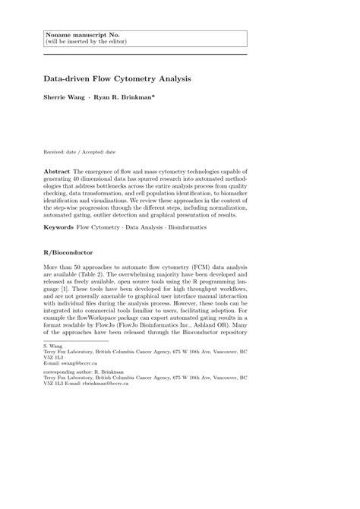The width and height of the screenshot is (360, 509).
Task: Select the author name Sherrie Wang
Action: click(x=64, y=99)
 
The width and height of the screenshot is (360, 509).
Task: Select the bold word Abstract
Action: click(x=58, y=174)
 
